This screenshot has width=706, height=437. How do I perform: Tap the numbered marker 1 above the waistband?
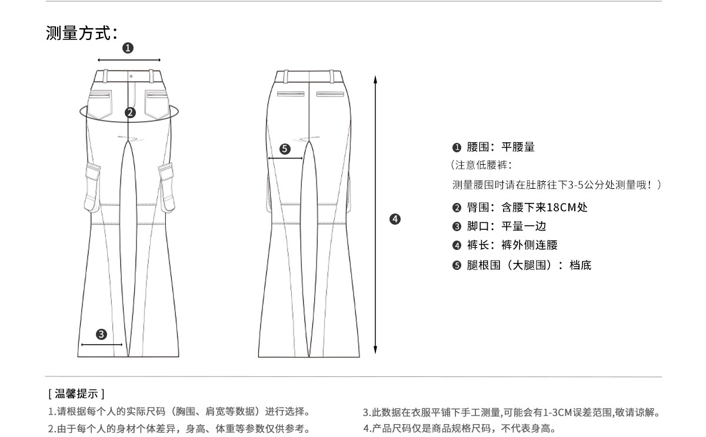[x=128, y=48]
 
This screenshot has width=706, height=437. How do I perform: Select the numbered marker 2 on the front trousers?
[x=131, y=112]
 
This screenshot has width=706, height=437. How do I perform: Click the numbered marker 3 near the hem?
[x=101, y=334]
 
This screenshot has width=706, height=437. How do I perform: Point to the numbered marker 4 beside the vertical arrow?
[x=395, y=219]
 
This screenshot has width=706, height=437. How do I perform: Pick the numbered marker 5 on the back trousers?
[x=285, y=149]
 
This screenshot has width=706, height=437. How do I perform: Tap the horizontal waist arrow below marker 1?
[x=129, y=60]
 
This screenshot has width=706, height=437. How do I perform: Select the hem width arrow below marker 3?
[x=101, y=345]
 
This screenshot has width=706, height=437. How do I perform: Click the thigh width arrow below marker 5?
[x=285, y=158]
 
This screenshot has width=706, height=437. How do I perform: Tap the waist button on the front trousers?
[x=131, y=76]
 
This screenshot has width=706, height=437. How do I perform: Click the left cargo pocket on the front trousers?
[x=92, y=187]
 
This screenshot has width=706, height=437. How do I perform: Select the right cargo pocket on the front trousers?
[x=167, y=187]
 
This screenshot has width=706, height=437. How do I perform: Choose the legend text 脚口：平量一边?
[x=498, y=226]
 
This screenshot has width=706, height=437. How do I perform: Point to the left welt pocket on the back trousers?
[x=291, y=94]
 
